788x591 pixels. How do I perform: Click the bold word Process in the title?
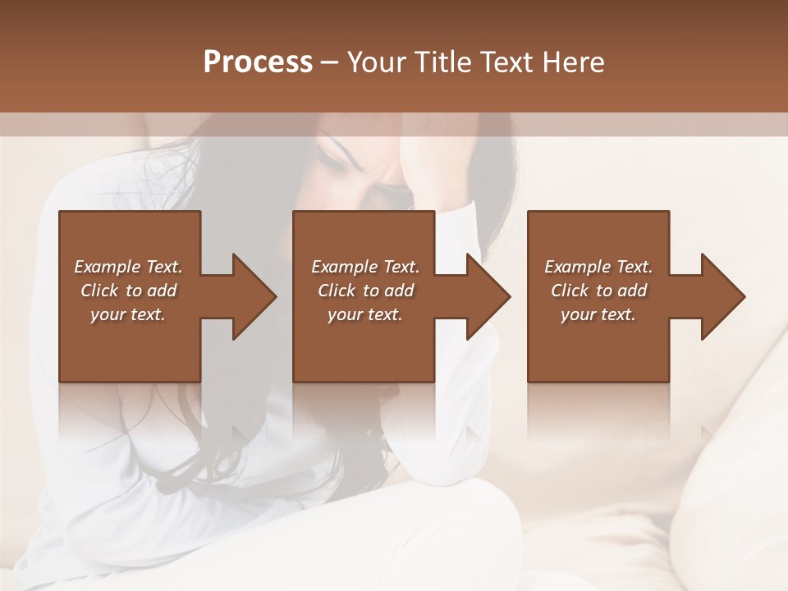tap(258, 62)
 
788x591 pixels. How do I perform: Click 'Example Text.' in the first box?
tap(128, 267)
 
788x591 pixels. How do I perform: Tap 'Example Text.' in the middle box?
tap(365, 267)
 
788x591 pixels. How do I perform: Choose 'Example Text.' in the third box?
tap(598, 267)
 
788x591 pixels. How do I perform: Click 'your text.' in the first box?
tap(128, 314)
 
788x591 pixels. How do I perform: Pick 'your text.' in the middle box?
tap(365, 314)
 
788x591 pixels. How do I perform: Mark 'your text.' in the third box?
tap(598, 314)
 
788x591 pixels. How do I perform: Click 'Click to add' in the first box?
tap(128, 291)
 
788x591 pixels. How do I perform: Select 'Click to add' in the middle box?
tap(365, 291)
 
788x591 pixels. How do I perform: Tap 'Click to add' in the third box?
tap(598, 291)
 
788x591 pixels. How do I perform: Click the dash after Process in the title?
tap(330, 63)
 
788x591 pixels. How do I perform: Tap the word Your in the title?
tap(376, 62)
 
